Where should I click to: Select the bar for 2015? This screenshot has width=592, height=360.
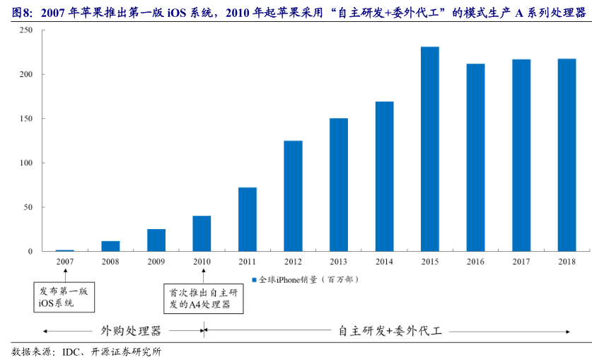click(430, 149)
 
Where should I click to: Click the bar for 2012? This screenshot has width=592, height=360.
click(293, 196)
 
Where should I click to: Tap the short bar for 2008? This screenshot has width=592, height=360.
click(110, 246)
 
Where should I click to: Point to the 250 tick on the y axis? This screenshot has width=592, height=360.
click(26, 30)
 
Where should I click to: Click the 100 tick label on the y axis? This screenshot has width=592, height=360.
click(26, 163)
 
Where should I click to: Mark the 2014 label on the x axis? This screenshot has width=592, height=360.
click(384, 262)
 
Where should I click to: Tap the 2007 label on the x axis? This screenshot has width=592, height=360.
click(65, 262)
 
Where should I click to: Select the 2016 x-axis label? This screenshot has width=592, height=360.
click(475, 262)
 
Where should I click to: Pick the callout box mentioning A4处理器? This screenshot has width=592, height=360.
click(203, 298)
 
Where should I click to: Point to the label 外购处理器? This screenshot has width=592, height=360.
click(131, 330)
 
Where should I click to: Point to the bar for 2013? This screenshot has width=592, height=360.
click(339, 185)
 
